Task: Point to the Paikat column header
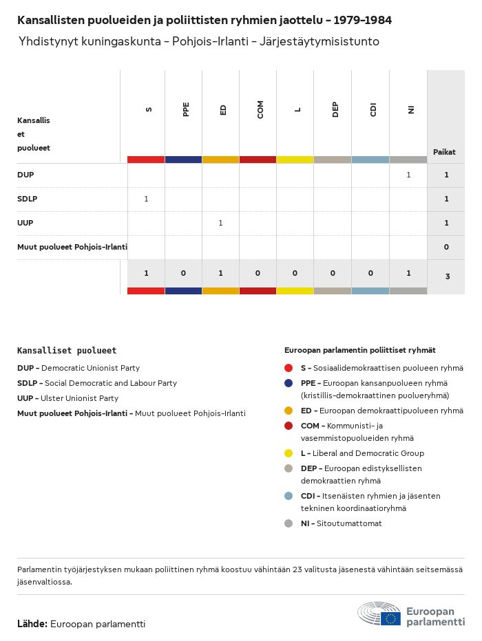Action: (x=444, y=152)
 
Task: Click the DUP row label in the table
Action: (x=25, y=175)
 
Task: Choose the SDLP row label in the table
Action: (x=27, y=199)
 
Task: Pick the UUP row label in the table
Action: (x=25, y=224)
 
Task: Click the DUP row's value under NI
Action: (x=408, y=175)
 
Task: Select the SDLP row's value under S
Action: (x=146, y=199)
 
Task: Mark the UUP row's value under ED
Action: (x=220, y=224)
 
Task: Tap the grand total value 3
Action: (x=446, y=276)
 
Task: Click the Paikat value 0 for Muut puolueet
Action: (x=446, y=248)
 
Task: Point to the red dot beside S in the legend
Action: (x=289, y=368)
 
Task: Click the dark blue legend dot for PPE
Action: (x=289, y=383)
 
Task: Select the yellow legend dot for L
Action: (x=289, y=453)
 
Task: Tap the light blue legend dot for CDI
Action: (x=289, y=496)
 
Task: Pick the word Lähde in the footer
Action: (x=32, y=624)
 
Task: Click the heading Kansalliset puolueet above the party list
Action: (x=67, y=351)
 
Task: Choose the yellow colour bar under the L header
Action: (x=295, y=160)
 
